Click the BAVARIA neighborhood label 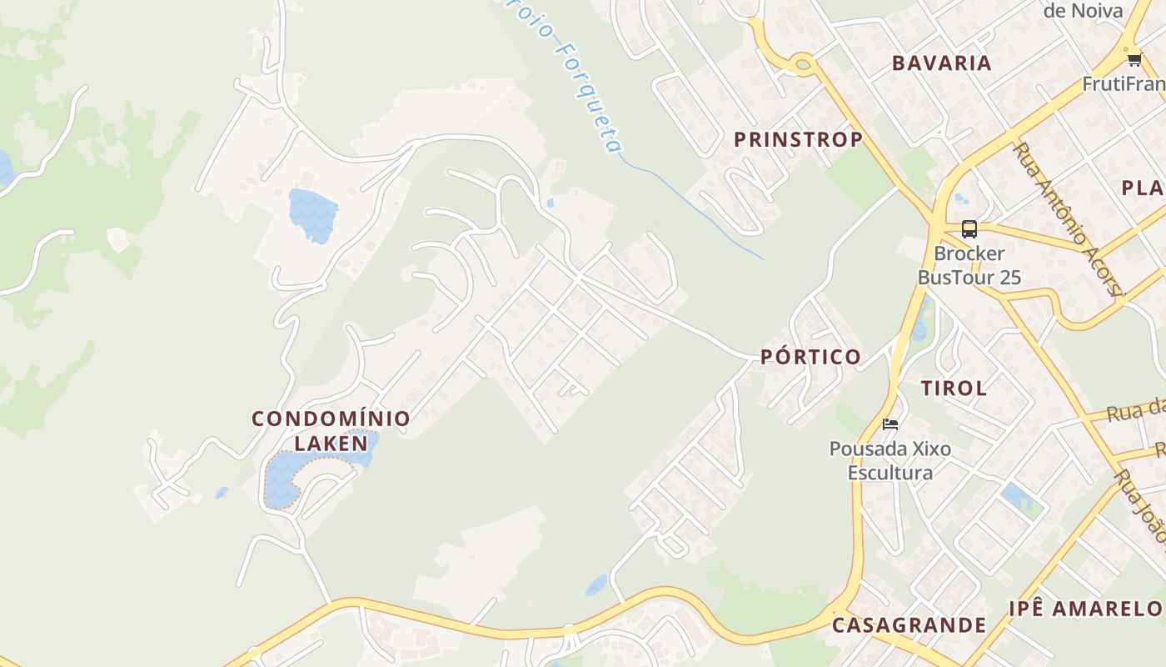[x=941, y=63]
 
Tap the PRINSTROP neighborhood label [x=797, y=139]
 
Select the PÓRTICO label [x=810, y=357]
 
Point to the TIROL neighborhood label [x=954, y=388]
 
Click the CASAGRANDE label [x=909, y=624]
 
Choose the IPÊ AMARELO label [x=1084, y=609]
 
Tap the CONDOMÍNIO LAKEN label [x=331, y=429]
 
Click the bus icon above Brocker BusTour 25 [x=969, y=228]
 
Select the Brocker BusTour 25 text [x=969, y=265]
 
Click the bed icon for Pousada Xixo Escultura [x=890, y=424]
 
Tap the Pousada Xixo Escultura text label [x=889, y=461]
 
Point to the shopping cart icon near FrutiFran [x=1134, y=59]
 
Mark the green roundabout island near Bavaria [x=802, y=63]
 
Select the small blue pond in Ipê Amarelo [x=1017, y=497]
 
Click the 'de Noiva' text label [x=1083, y=11]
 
